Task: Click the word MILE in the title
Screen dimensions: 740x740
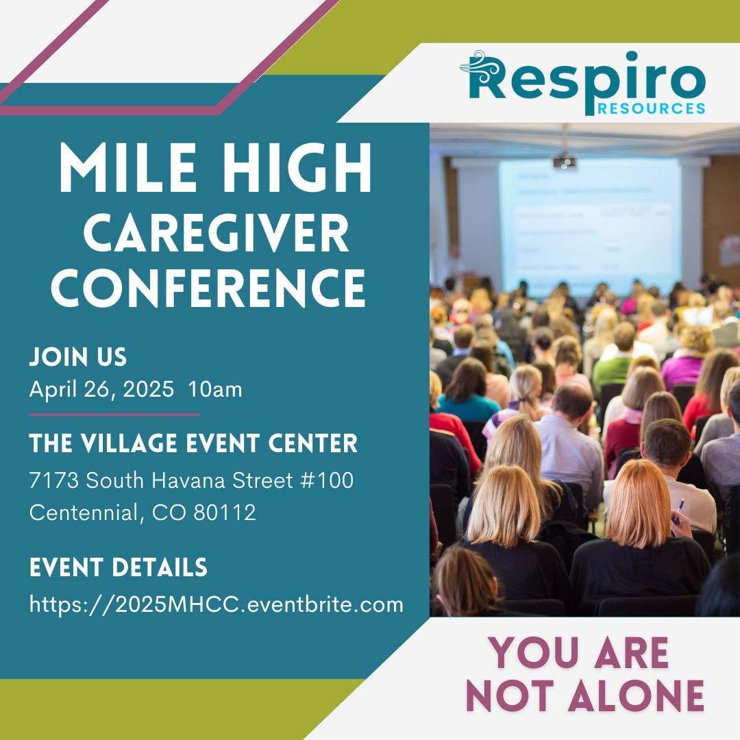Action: tap(127, 167)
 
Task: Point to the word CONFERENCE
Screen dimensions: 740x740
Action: tap(208, 287)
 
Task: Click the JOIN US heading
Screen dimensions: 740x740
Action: tap(78, 357)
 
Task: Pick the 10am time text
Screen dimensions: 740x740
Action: tap(215, 389)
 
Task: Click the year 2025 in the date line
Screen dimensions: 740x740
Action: tap(148, 389)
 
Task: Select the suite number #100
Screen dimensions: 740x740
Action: tap(327, 480)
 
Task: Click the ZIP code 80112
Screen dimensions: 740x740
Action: tap(225, 513)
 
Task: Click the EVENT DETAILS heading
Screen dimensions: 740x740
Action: tap(118, 567)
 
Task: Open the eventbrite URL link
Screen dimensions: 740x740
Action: tap(216, 605)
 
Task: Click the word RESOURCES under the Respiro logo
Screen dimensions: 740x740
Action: tap(652, 108)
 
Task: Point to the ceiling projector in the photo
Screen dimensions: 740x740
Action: tap(565, 162)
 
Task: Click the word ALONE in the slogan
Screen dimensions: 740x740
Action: tap(636, 695)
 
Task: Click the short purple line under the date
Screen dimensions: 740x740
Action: tap(114, 415)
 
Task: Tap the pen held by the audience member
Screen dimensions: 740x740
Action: tap(678, 512)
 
